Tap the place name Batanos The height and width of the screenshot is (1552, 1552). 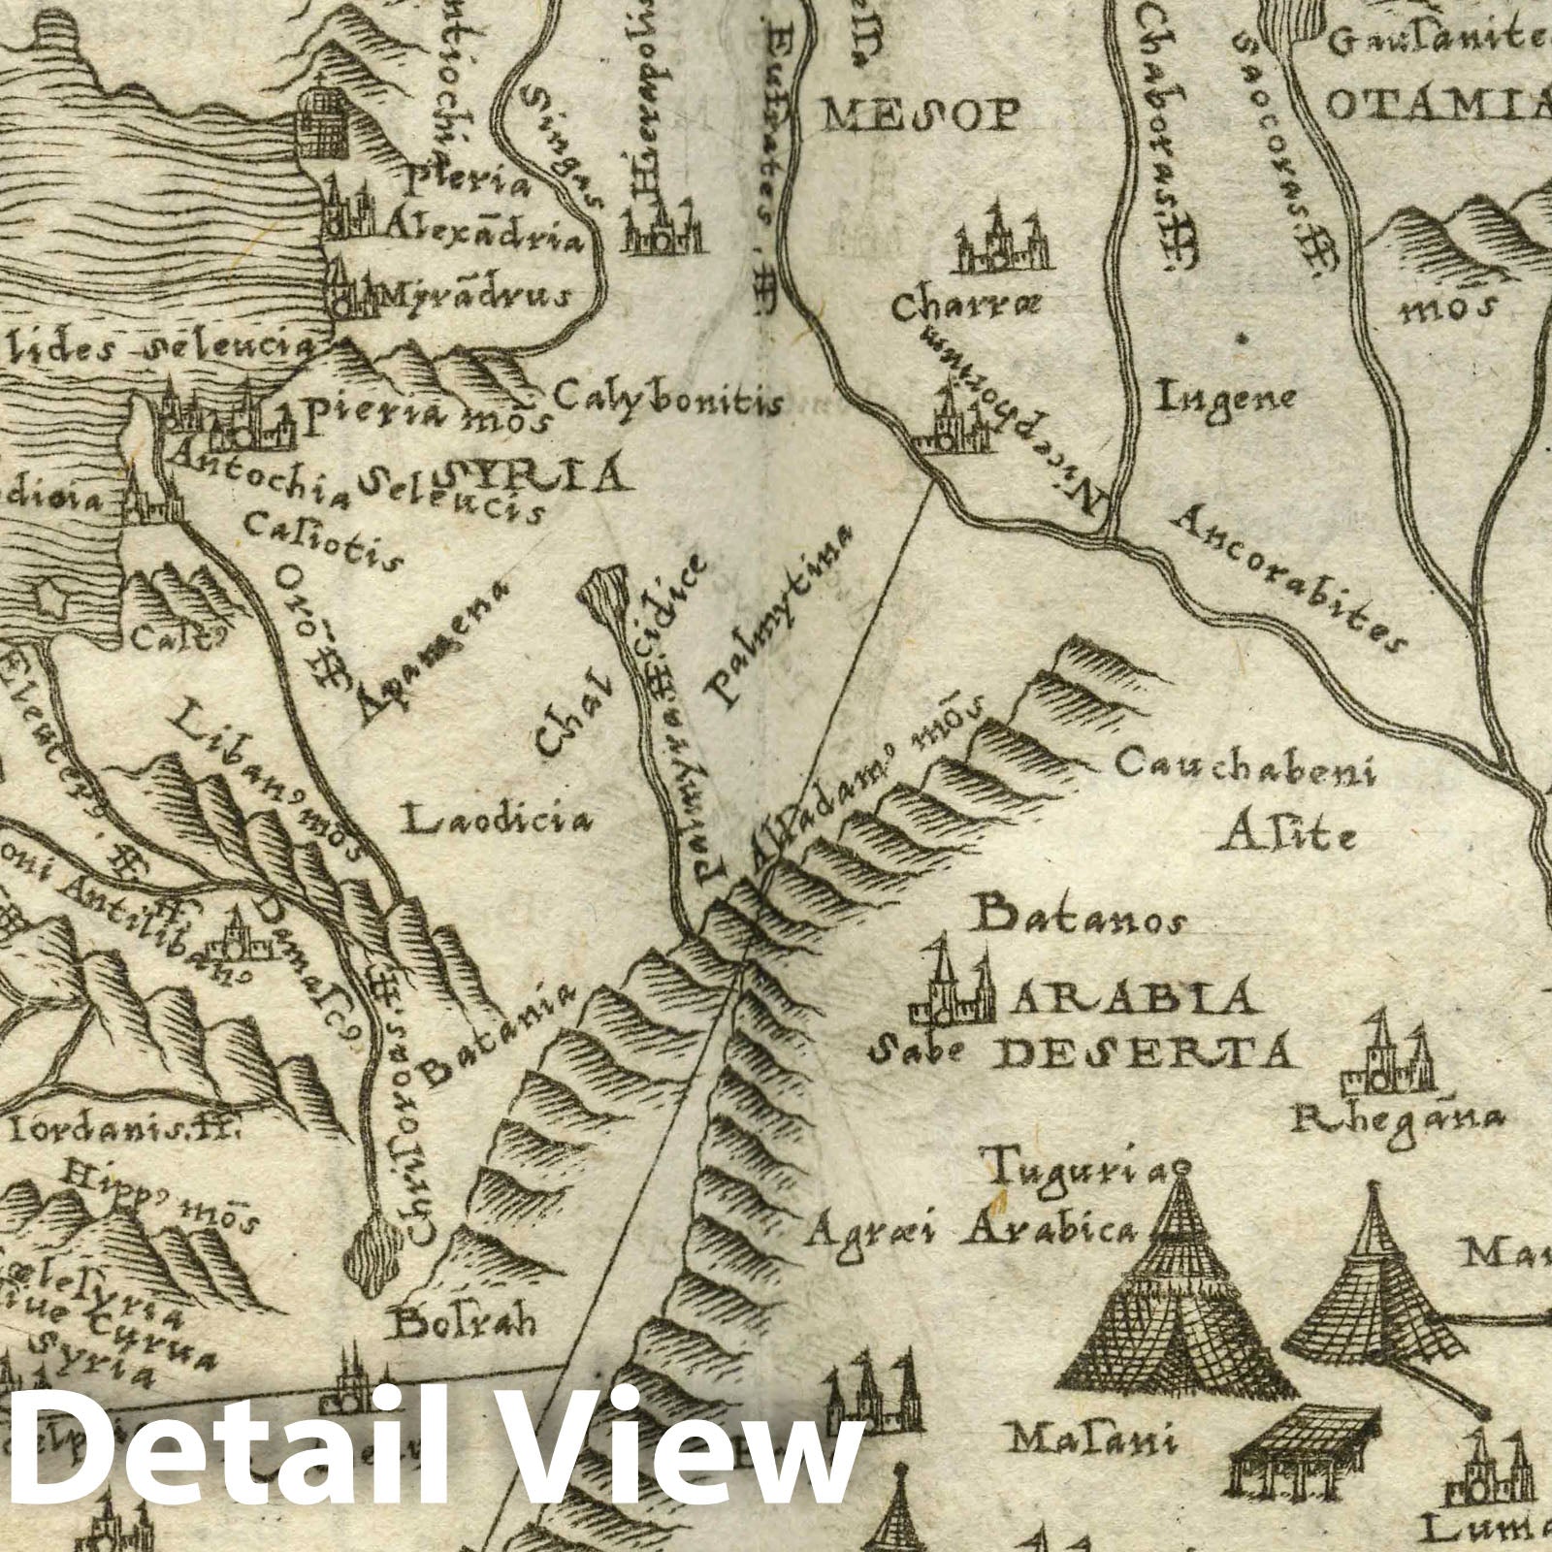coord(1078,917)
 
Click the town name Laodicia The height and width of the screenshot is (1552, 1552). coord(498,822)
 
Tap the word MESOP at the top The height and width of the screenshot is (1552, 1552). coord(921,116)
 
